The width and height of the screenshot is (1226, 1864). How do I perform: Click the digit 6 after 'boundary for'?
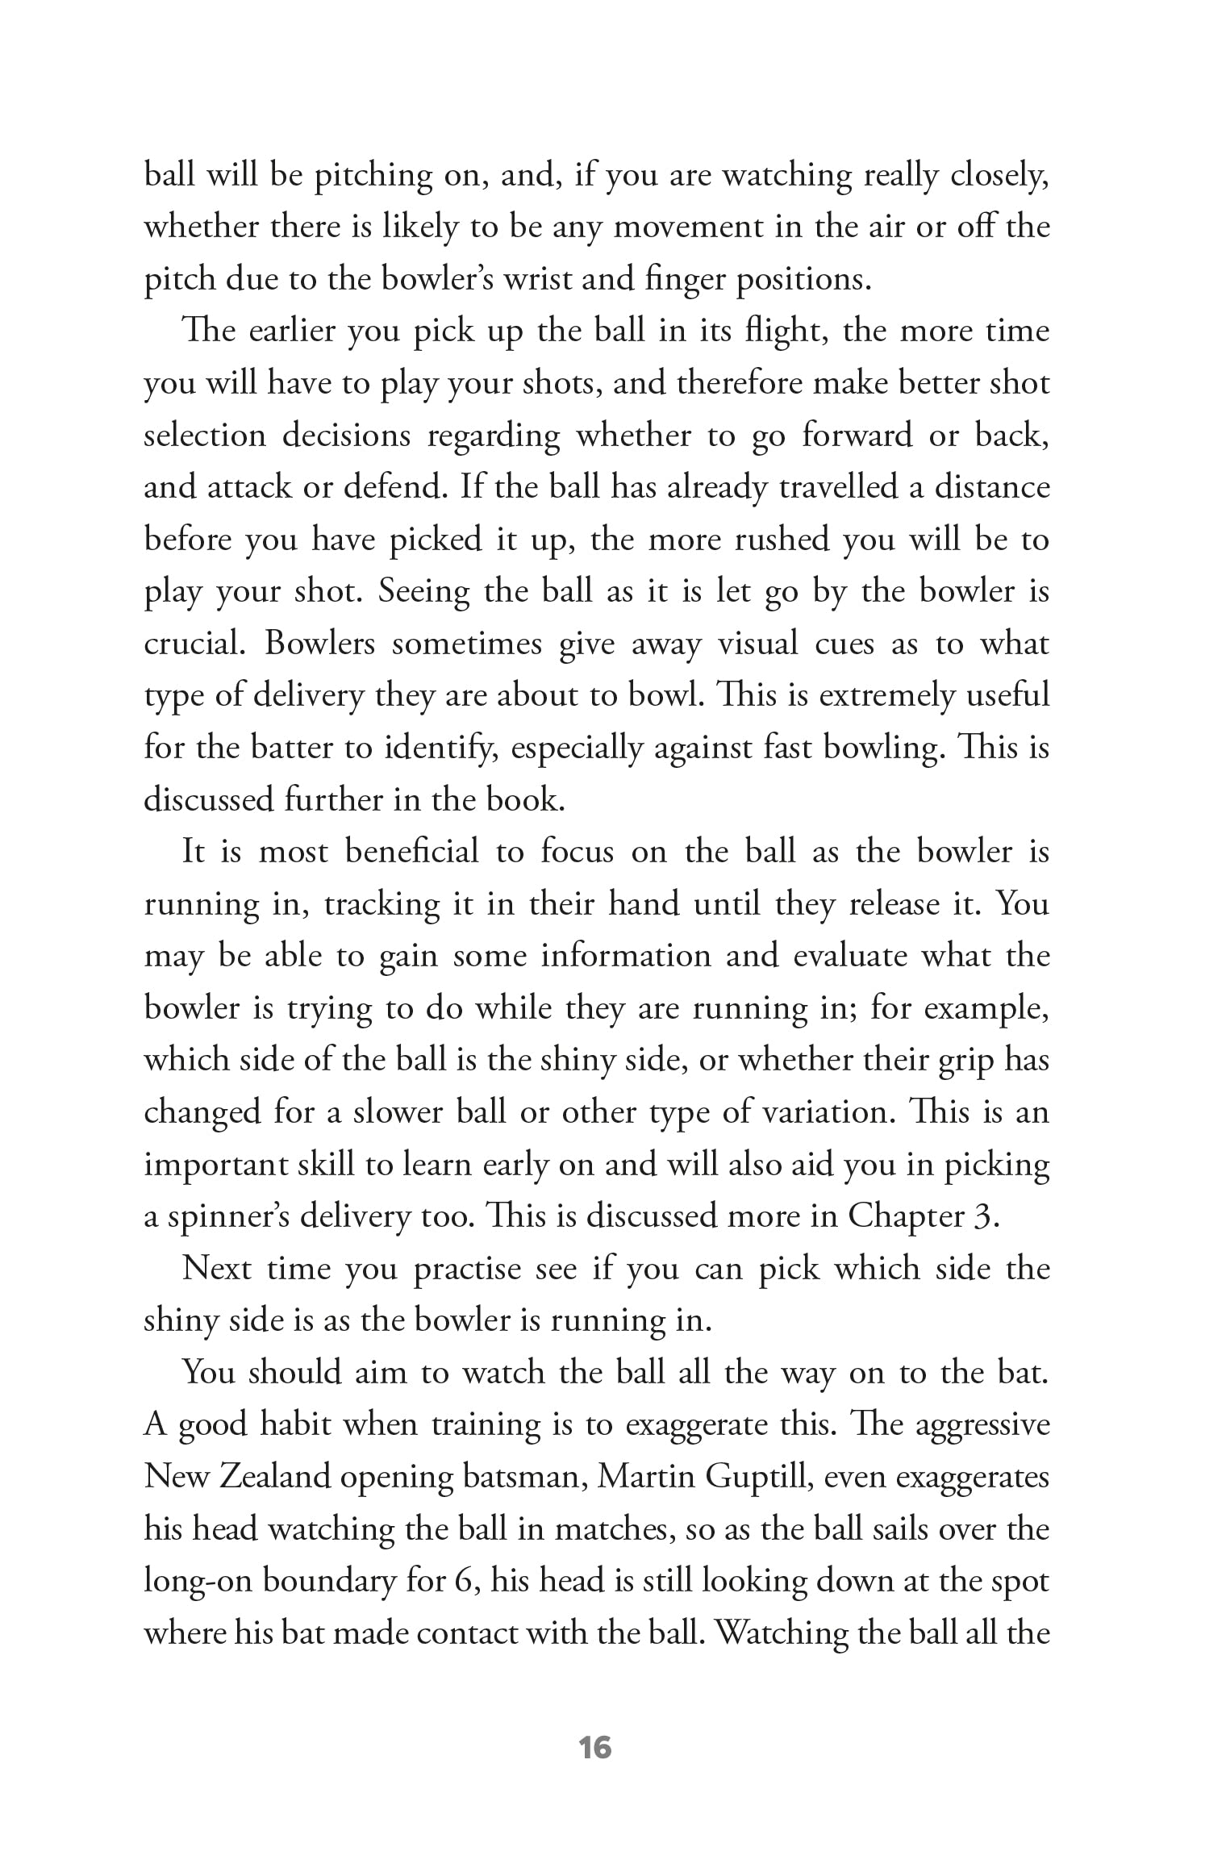pyautogui.click(x=462, y=1582)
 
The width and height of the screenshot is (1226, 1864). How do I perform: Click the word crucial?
pyautogui.click(x=194, y=644)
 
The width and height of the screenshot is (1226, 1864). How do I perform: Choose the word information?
pyautogui.click(x=625, y=957)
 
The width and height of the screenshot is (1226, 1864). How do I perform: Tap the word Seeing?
pyautogui.click(x=424, y=593)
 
